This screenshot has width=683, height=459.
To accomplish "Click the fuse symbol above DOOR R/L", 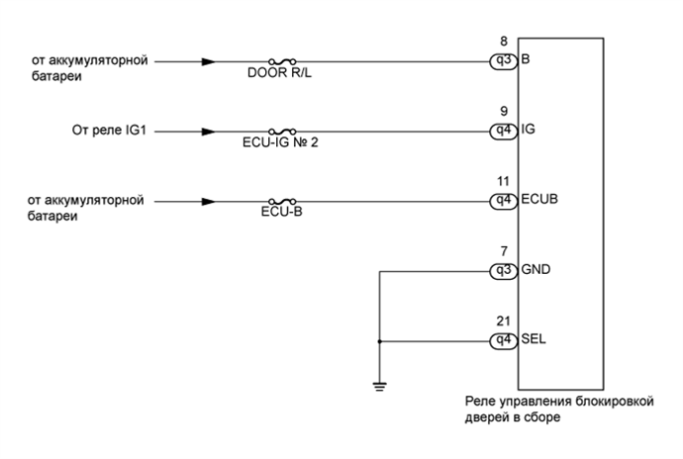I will tap(283, 60).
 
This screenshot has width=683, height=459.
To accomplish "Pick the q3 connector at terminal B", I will tap(503, 60).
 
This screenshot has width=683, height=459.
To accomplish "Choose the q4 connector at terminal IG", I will tap(503, 131).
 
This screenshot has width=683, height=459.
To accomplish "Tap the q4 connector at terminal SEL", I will tap(503, 341).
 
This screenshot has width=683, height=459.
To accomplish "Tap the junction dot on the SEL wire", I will tap(380, 341).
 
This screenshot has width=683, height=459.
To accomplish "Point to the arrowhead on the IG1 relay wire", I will tap(208, 131).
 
